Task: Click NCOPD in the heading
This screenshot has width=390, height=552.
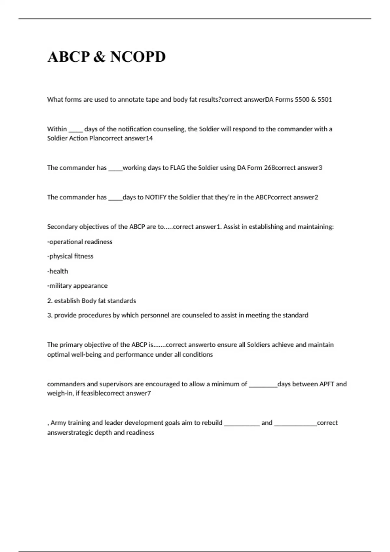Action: pyautogui.click(x=138, y=57)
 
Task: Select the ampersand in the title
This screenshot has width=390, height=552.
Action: pyautogui.click(x=100, y=57)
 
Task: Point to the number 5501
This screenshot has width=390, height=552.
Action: pyautogui.click(x=325, y=100)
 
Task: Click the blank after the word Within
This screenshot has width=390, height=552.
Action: pyautogui.click(x=76, y=130)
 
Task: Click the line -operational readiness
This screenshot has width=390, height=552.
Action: pyautogui.click(x=80, y=242)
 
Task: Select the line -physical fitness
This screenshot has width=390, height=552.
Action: pyautogui.click(x=70, y=257)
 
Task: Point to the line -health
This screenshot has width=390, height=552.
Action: pyautogui.click(x=58, y=271)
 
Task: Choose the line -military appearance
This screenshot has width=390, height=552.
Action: pyautogui.click(x=77, y=286)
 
